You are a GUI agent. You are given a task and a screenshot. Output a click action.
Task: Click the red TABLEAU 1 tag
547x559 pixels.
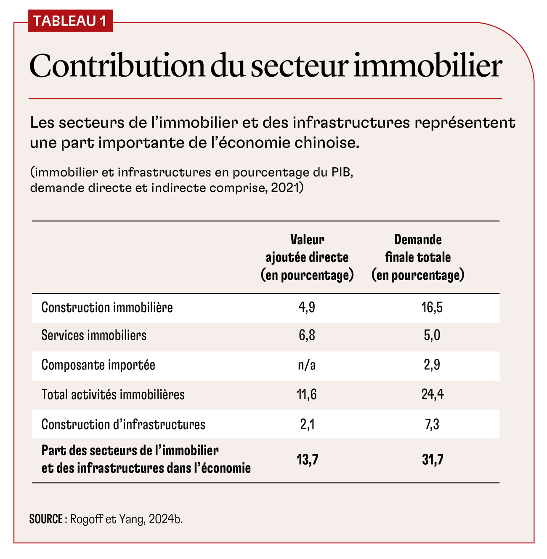point(70,21)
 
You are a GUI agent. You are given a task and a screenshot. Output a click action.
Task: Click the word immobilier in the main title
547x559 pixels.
point(427,66)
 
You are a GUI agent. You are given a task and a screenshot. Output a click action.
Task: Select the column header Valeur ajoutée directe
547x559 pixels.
point(307,257)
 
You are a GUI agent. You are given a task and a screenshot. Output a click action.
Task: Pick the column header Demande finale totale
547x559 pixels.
point(417,257)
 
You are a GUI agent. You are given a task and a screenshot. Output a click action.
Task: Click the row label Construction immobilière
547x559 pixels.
point(107,308)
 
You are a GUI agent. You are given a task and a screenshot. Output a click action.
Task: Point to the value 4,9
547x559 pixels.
point(307,308)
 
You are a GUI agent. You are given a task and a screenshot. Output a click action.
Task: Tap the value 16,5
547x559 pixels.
point(432,308)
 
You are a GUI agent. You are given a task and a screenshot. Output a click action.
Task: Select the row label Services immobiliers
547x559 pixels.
point(94,335)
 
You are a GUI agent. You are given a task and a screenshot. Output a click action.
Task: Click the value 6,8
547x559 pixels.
point(307,335)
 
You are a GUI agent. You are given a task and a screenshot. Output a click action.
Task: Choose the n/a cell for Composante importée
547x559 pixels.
point(307,365)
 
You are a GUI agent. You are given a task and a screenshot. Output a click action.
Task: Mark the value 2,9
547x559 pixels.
point(432,365)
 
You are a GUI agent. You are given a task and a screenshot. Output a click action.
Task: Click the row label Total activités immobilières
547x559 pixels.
point(113,395)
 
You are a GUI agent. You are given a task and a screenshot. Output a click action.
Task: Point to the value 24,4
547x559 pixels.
point(432,395)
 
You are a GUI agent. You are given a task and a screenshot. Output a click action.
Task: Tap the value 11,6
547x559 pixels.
point(307,395)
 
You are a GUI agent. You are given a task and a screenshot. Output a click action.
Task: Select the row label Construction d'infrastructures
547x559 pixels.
point(123,424)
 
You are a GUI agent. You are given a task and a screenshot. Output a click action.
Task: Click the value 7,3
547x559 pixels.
point(432,424)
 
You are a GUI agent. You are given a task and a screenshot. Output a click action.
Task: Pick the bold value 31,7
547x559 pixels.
point(433,460)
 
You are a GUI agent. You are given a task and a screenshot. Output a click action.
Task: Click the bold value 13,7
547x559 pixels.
point(307,460)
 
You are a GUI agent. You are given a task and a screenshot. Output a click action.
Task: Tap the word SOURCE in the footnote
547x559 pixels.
point(46,519)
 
